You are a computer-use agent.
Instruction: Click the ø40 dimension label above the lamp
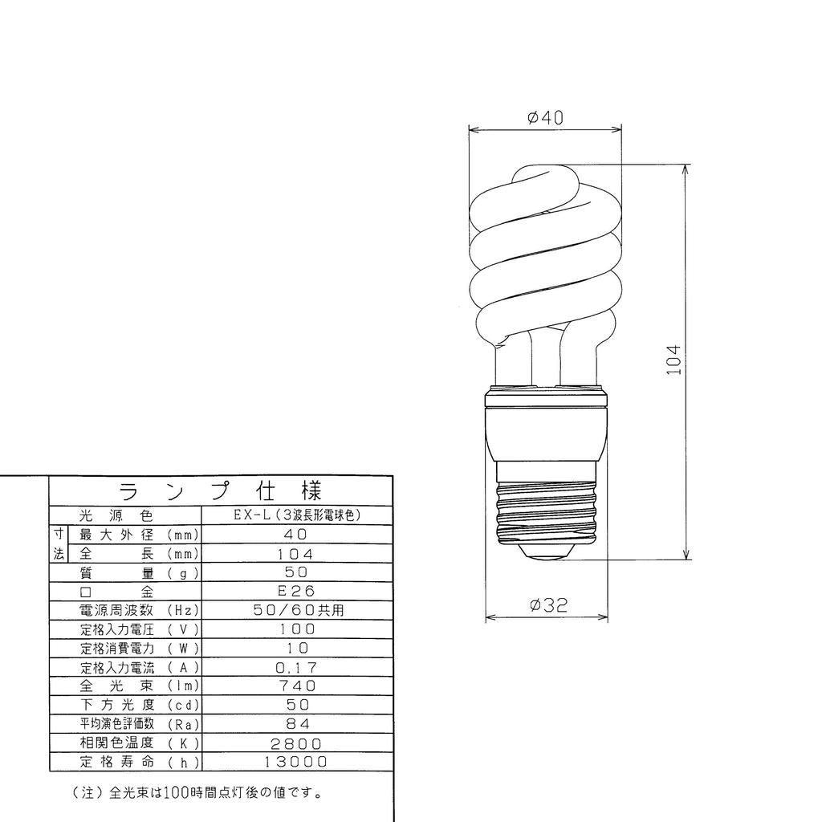click(x=545, y=117)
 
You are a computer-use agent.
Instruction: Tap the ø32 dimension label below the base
click(x=548, y=605)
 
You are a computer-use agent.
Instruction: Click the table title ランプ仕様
click(x=221, y=490)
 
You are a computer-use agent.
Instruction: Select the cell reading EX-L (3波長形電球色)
click(x=297, y=515)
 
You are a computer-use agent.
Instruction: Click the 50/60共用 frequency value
click(x=297, y=610)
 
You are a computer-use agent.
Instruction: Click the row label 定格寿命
click(x=117, y=762)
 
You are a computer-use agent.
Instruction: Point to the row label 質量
click(x=117, y=572)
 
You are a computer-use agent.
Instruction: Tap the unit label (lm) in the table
click(x=184, y=686)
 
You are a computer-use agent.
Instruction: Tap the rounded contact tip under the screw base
click(x=547, y=551)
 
